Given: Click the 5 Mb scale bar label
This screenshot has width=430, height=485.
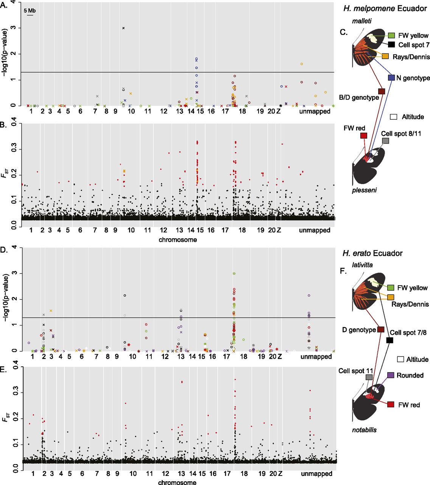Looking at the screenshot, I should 30,11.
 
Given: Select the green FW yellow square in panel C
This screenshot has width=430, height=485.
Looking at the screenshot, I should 391,36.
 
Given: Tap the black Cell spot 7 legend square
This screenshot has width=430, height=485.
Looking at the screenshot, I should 391,45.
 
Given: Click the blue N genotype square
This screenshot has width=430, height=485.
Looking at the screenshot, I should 391,78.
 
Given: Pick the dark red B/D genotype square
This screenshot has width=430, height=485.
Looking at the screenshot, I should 382,91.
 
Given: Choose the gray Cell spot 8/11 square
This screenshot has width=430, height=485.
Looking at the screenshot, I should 385,141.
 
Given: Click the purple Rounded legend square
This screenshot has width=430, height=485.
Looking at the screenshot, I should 391,375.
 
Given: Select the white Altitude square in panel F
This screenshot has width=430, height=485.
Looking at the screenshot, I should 401,359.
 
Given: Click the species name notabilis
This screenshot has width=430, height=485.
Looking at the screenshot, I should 364,430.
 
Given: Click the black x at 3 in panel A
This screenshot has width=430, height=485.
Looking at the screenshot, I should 123,28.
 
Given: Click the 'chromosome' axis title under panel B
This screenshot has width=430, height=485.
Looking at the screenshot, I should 178,239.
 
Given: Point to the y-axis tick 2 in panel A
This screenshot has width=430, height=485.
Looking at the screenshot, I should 14,54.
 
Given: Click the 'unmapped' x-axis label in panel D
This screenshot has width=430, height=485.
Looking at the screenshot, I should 316,357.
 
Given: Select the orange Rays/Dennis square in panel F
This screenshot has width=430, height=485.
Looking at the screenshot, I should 391,297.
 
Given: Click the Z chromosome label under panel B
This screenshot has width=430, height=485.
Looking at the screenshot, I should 279,230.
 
